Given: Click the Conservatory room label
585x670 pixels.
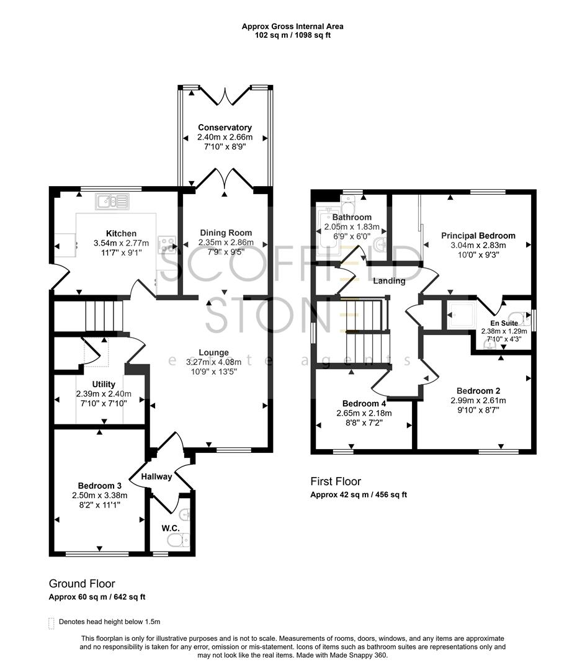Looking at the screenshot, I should coord(225,128).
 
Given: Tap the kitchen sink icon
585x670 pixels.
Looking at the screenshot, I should coord(112,201).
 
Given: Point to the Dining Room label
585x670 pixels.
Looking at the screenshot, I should coord(225,233).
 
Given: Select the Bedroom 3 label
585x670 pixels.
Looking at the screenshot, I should coord(99,486).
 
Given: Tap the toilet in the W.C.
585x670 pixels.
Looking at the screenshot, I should coord(177,541).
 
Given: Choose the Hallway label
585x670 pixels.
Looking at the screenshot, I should coord(156,476).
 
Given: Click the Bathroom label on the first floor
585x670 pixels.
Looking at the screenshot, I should coord(352,217).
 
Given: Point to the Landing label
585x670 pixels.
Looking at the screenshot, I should coord(389,281).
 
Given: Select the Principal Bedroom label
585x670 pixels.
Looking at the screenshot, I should coord(478,236).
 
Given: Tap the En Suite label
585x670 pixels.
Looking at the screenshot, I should coord(504,323).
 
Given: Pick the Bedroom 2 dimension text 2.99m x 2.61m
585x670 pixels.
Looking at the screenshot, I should coord(478,400).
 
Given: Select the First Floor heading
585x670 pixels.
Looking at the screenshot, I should coord(336,481).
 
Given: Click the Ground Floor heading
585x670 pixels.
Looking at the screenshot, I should coord(82,584).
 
